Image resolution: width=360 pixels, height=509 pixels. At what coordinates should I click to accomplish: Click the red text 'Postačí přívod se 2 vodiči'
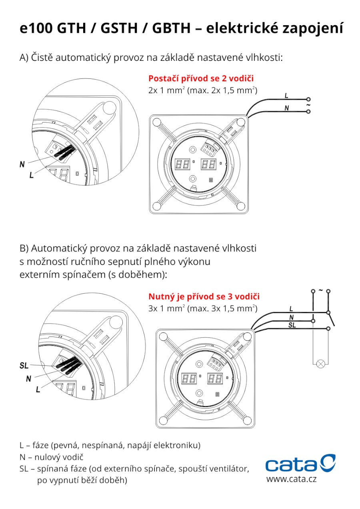pyautogui.click(x=201, y=78)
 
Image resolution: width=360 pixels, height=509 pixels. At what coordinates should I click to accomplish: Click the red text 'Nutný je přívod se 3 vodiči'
pyautogui.click(x=204, y=297)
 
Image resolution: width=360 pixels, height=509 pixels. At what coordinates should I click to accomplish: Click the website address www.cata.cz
pyautogui.click(x=291, y=479)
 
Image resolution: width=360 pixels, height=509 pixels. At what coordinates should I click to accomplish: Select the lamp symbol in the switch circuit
pyautogui.click(x=320, y=364)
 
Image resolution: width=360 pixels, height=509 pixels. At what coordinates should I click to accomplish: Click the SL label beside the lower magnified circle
pyautogui.click(x=24, y=365)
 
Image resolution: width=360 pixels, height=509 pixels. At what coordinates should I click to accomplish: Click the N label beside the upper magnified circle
pyautogui.click(x=22, y=164)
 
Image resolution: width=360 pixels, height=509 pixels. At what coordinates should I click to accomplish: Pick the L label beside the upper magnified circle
pyautogui.click(x=31, y=175)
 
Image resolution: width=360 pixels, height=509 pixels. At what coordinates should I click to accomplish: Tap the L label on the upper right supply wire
pyautogui.click(x=286, y=96)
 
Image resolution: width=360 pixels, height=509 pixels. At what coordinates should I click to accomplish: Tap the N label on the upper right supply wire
pyautogui.click(x=286, y=108)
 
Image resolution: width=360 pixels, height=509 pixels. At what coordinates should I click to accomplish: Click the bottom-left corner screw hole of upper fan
pyautogui.click(x=156, y=206)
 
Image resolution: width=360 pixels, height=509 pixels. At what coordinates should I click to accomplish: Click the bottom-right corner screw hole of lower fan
pyautogui.click(x=247, y=421)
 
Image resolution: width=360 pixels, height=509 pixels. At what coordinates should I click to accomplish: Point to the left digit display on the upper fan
pyautogui.click(x=183, y=164)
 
